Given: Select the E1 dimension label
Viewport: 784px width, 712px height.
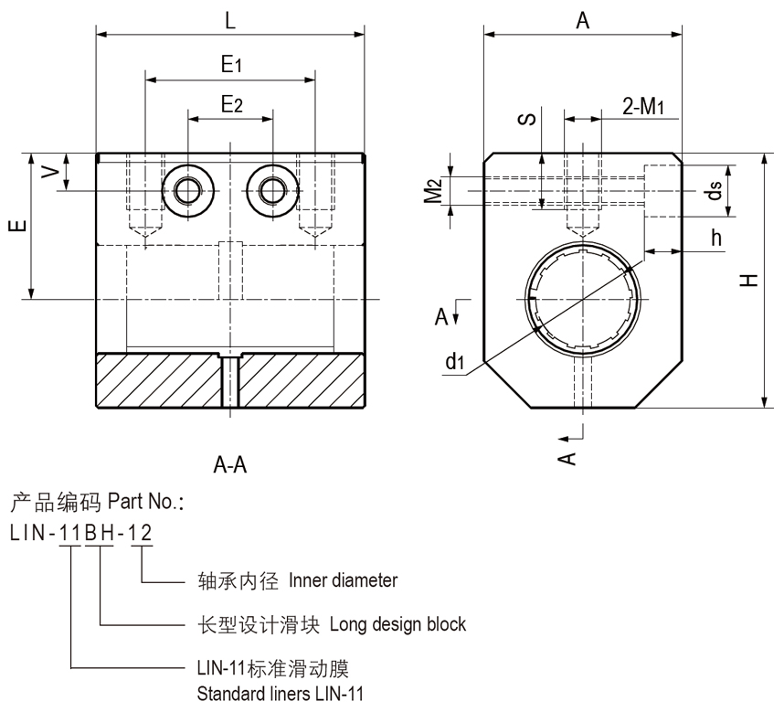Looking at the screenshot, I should pyautogui.click(x=230, y=64).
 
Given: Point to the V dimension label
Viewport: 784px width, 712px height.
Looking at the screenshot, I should pyautogui.click(x=54, y=171).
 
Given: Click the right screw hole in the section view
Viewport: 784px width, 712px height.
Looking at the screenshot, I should pyautogui.click(x=271, y=190).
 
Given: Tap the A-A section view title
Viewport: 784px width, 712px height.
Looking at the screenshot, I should pyautogui.click(x=230, y=465).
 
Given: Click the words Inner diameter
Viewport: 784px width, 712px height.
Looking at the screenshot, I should pyautogui.click(x=343, y=580).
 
